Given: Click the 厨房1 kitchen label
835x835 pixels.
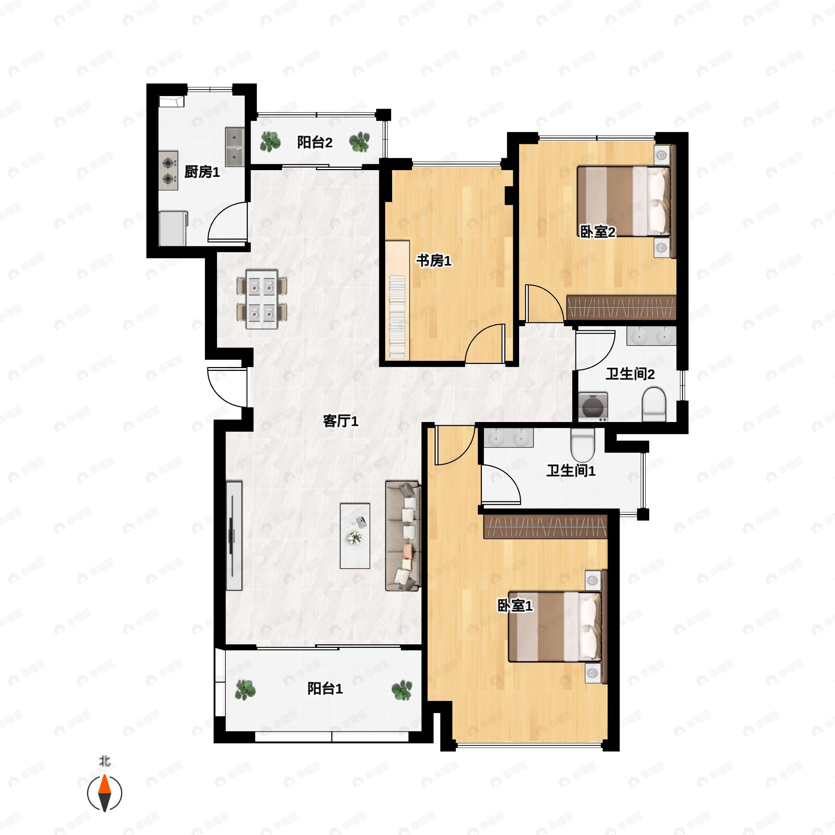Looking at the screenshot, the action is point(202,172).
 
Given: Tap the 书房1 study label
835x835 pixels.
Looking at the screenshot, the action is point(434,261).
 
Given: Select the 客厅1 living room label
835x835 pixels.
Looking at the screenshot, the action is point(341,421).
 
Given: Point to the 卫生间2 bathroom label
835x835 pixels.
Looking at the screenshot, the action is point(630,374).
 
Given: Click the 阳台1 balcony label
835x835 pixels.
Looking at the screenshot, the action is point(325,689).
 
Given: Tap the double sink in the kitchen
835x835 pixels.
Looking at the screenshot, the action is point(235,146).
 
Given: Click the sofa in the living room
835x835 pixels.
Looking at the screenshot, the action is point(403,536).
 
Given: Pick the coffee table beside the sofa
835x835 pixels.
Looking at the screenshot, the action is point(355,535).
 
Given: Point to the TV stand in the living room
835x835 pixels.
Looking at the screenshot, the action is point(234,535).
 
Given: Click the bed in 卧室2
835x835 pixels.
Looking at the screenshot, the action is point(623,201).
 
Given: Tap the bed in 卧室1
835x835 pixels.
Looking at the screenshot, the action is point(555,626).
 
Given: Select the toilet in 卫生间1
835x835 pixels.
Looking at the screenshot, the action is point(583,445).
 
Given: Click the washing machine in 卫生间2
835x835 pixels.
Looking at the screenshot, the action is point(593,407).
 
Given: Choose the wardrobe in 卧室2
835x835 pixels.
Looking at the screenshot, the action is point(621,308).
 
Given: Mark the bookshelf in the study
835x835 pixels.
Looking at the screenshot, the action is point(398,317).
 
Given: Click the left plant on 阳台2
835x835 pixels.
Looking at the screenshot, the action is point(270,142).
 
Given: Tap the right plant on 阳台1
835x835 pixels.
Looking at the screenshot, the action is point(401,690).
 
